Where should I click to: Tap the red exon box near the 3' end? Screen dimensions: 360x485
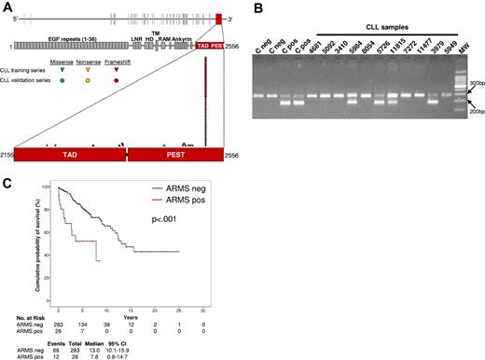[217, 19]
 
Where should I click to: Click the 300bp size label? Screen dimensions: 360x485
[472, 82]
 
